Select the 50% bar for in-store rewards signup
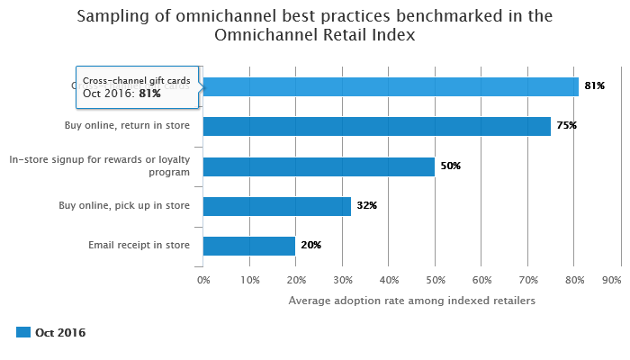pos(319,166)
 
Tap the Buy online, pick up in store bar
pos(277,206)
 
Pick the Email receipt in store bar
pos(249,246)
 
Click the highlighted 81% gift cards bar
pos(391,86)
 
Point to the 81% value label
pos(594,86)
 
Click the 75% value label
pos(566,126)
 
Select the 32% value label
pos(366,206)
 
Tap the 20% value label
pos(310,246)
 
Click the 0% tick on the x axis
pos(203,280)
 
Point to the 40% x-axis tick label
pos(389,280)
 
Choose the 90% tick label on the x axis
pos(611,280)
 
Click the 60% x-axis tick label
pos(481,280)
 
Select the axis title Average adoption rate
pos(411,301)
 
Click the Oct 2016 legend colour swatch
pos(23,333)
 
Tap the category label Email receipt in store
pos(139,246)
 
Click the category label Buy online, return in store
pos(128,126)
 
